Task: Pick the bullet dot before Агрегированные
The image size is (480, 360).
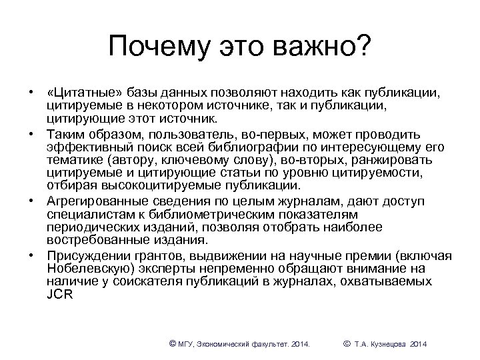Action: click(31, 201)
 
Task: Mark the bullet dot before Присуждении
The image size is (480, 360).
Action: click(31, 255)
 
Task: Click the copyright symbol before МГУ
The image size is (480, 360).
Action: click(173, 343)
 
